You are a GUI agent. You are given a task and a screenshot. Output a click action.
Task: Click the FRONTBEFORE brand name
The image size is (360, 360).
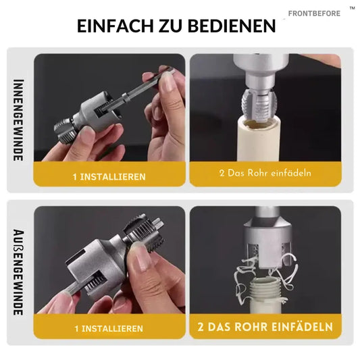(314, 14)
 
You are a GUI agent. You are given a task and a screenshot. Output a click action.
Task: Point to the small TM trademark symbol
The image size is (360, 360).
(352, 8)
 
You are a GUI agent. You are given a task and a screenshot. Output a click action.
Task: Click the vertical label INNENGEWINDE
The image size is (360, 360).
(19, 120)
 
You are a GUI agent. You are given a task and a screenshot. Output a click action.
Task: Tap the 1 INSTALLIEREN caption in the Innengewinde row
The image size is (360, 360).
(109, 176)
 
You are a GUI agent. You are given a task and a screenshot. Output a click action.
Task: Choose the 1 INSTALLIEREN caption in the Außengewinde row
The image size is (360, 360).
(109, 328)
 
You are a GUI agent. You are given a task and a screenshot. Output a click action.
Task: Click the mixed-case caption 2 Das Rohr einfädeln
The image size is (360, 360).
(265, 173)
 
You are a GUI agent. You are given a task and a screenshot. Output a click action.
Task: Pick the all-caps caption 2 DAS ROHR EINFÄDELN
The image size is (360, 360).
(265, 327)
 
